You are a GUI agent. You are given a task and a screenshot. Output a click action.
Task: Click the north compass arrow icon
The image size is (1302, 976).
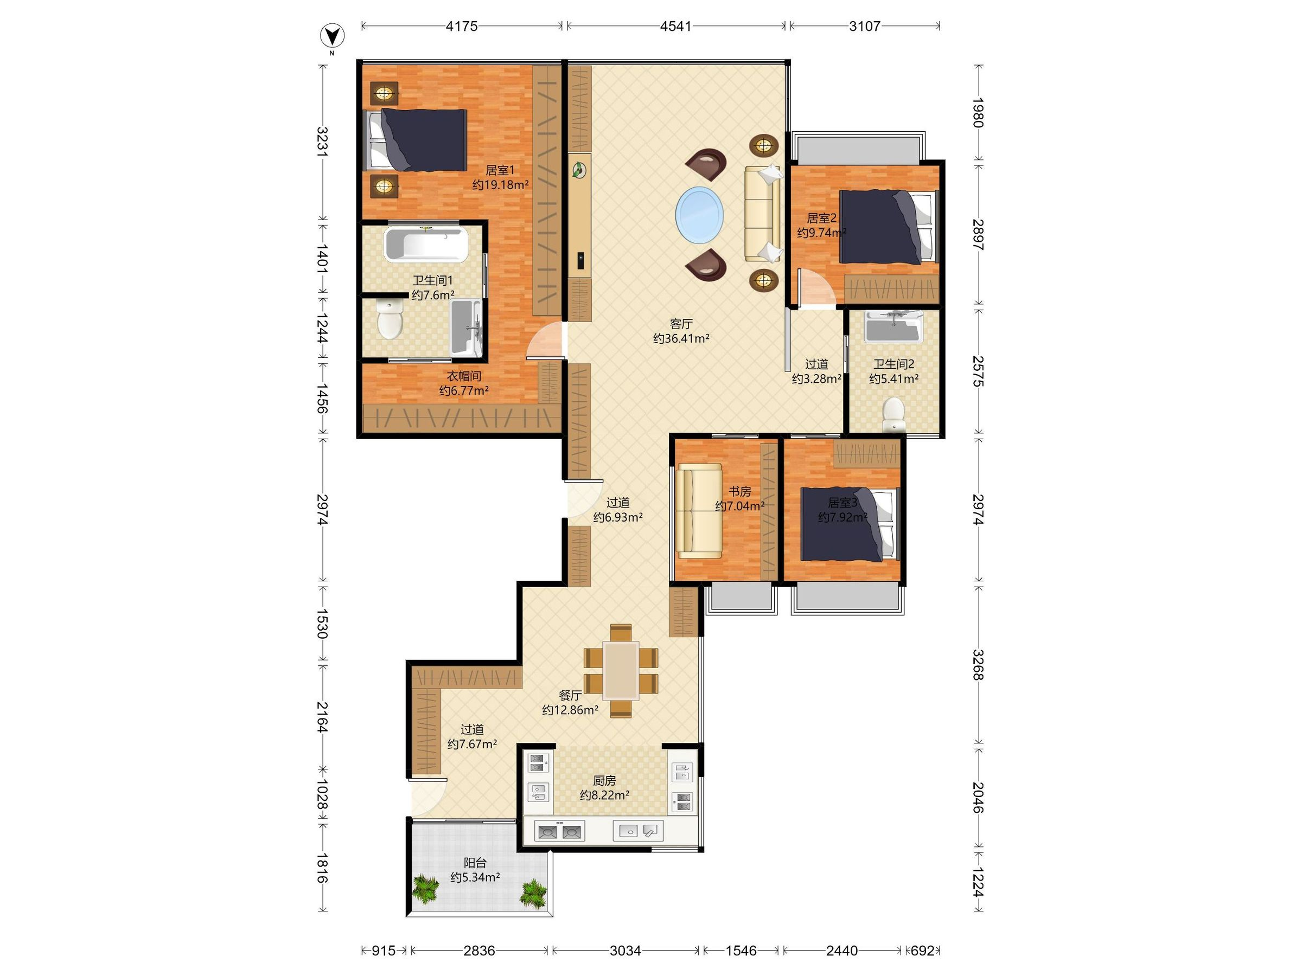coord(332,36)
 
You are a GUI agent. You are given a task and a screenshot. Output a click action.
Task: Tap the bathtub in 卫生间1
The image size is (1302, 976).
coord(426,245)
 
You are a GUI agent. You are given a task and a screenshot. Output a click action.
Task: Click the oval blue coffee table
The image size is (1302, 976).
coord(699,215)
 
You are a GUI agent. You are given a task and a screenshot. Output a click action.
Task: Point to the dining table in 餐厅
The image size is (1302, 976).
coord(621,670)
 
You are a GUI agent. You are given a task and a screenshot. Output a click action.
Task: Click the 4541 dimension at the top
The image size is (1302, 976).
coord(676,26)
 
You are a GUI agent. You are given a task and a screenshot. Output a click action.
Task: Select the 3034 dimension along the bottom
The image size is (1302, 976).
coord(625,950)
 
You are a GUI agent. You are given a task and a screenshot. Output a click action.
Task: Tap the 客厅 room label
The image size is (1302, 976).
coord(681,324)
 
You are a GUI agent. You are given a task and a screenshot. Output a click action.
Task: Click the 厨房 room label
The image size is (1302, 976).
coord(604,781)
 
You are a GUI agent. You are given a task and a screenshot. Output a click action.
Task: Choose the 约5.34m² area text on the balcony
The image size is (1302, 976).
coord(476,877)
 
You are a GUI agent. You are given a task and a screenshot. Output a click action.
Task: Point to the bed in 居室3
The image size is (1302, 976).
coord(850,524)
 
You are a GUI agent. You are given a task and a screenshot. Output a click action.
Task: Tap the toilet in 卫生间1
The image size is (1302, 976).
coord(390,318)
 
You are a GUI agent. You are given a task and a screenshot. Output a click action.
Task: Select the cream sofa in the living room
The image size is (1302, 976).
coord(763,214)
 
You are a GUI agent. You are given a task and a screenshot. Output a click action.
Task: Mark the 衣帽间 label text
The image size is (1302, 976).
coord(464,375)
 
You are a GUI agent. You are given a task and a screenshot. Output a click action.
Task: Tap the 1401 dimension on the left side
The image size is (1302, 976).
coord(322,258)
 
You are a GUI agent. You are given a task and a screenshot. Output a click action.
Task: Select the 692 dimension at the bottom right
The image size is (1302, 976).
coord(922,950)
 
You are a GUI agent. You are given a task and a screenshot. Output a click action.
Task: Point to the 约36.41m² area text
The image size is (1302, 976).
coord(681,338)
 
